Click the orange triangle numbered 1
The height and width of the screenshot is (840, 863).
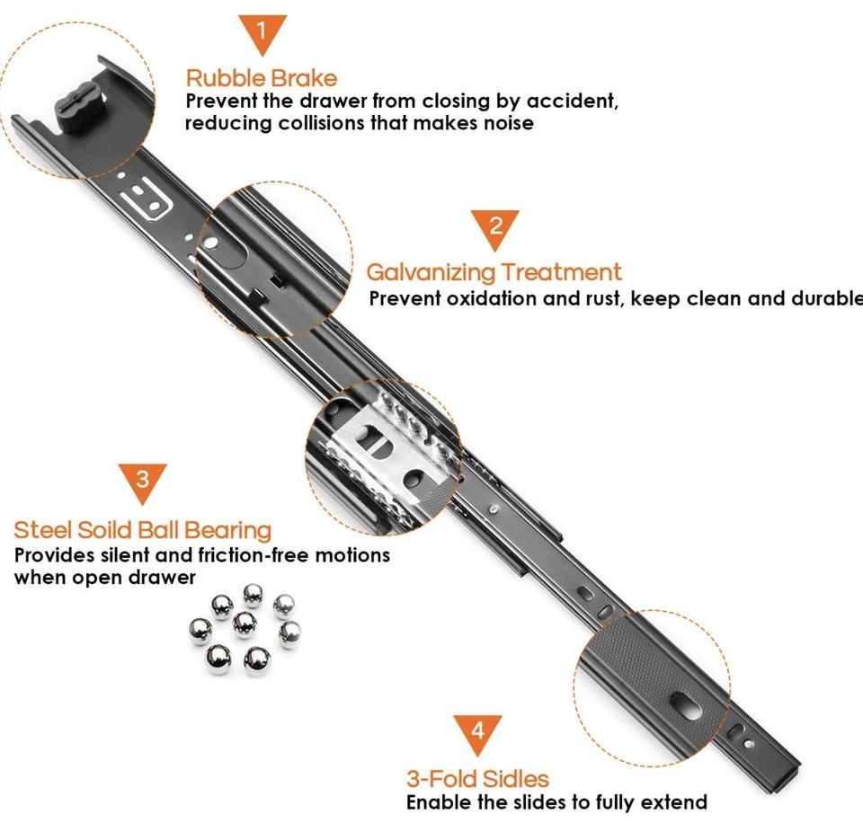click(262, 32)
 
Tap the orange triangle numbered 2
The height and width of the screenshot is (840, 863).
click(494, 227)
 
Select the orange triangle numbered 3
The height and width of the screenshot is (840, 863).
click(142, 482)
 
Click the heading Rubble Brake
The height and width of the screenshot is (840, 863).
click(262, 78)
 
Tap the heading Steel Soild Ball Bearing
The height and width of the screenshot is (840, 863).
click(143, 531)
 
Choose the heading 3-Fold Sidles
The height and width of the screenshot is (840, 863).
click(477, 779)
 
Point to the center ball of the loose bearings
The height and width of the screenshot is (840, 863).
click(245, 625)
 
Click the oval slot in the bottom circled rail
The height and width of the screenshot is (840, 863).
click(685, 706)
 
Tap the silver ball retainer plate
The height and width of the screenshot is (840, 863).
click(388, 451)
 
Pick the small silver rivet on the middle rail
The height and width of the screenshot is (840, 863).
click(494, 509)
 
